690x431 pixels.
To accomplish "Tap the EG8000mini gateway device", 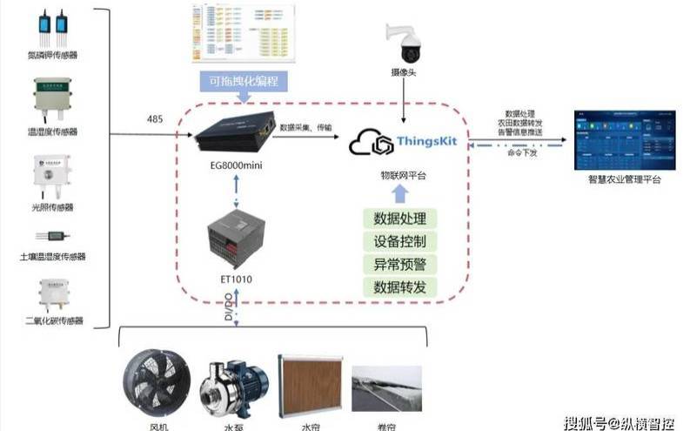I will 234,134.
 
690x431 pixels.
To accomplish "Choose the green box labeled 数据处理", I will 399,219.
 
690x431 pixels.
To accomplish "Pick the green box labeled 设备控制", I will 399,241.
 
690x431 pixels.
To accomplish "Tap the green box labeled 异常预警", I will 399,264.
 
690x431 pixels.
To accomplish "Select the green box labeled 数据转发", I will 399,286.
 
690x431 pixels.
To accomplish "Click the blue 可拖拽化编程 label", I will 238,81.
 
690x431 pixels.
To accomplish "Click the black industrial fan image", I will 155,384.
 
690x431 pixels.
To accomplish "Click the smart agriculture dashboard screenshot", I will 624,140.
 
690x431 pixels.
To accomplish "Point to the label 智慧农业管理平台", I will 624,179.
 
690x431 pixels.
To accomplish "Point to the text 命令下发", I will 523,153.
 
